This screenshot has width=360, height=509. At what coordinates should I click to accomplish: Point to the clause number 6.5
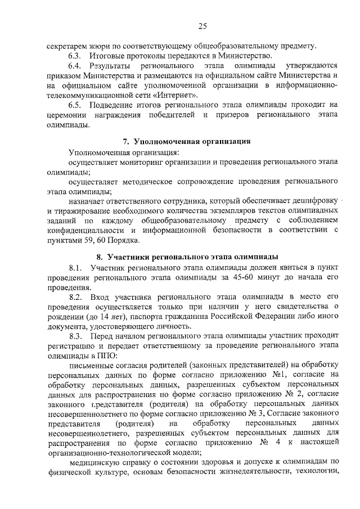tap(76, 105)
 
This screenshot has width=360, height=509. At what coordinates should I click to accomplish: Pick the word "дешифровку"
tap(315, 201)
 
